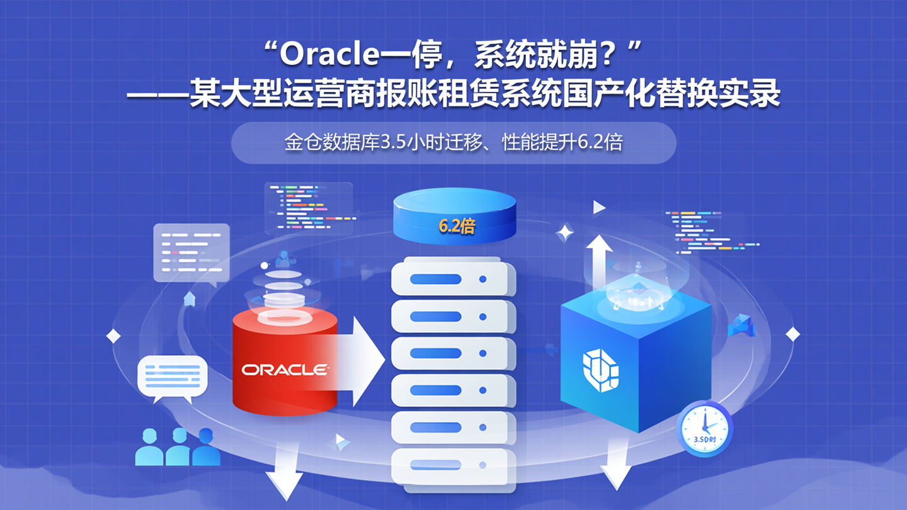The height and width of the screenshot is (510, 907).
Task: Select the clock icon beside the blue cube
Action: (705, 428)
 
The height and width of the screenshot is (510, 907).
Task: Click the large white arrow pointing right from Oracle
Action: (362, 361)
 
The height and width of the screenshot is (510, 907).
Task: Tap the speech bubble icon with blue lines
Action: (172, 378)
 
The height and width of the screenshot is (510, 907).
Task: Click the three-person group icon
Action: (178, 447)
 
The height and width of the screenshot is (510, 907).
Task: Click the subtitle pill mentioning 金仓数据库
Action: (453, 143)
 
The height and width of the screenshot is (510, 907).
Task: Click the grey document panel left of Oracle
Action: (191, 252)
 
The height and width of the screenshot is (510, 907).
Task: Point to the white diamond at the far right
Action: (792, 334)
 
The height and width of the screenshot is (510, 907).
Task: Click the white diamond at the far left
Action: (113, 336)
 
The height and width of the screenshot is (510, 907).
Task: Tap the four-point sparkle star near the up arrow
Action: (564, 233)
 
